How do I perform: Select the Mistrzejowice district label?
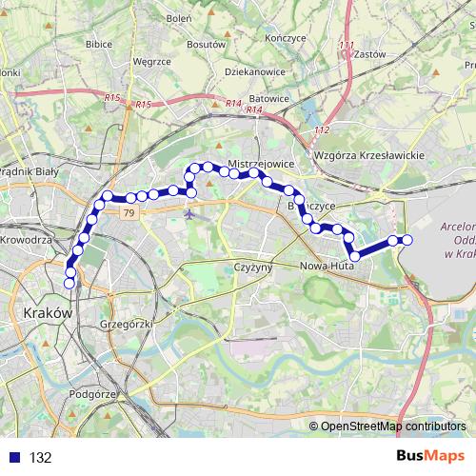coord(259,164)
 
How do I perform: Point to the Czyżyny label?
coord(253,268)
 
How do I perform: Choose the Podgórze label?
coord(93,393)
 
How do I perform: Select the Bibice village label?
coord(99,44)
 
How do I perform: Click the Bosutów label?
coord(206,44)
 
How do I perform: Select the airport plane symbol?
coord(189,213)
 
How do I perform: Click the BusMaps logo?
coord(431,457)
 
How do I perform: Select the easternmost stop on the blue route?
coord(407,240)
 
